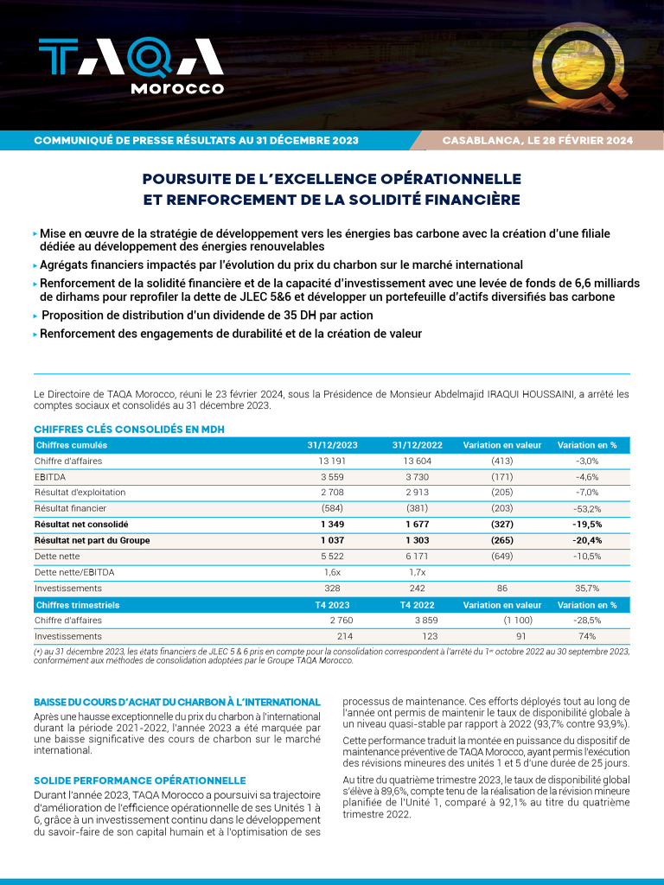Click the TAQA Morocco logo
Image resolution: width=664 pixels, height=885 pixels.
(131, 66)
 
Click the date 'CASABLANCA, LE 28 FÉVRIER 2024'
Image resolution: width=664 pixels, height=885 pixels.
(537, 140)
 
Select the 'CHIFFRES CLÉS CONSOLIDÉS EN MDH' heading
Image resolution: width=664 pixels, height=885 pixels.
(130, 430)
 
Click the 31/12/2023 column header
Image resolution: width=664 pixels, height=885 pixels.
(332, 445)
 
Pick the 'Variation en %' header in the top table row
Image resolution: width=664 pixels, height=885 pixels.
(587, 445)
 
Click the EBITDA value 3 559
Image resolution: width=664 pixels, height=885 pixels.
(332, 476)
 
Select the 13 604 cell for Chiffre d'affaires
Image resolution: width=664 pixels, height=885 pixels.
(417, 461)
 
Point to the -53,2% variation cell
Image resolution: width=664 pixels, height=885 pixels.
(587, 508)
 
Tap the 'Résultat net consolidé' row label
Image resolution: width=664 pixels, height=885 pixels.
(81, 524)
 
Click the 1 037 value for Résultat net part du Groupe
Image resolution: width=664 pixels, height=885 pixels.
(332, 540)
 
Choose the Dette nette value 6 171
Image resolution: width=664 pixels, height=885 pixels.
(417, 556)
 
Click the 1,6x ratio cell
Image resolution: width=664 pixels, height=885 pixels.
(332, 572)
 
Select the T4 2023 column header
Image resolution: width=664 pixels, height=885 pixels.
(332, 605)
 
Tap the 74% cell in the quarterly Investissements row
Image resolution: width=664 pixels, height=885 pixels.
(587, 636)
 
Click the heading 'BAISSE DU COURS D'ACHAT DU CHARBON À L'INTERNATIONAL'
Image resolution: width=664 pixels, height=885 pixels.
(176, 702)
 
